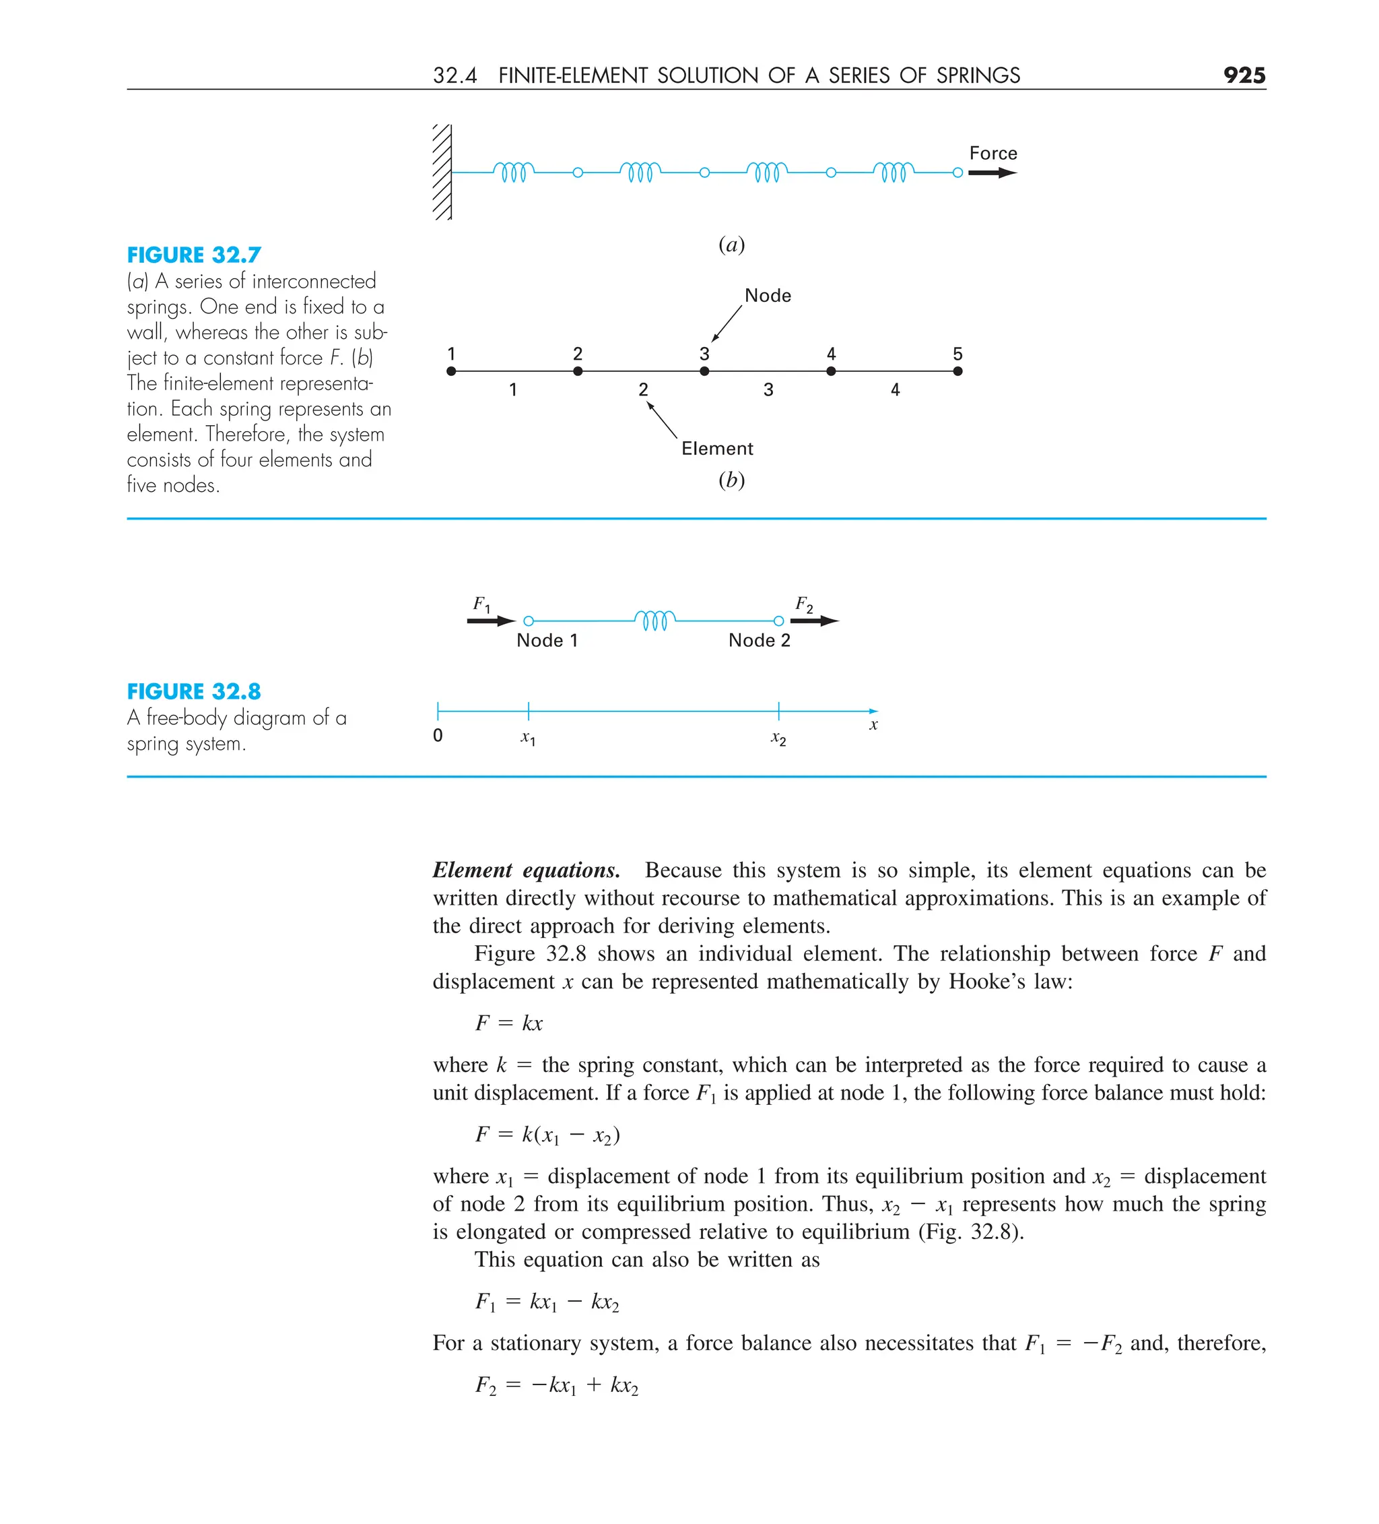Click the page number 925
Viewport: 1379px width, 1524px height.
1243,75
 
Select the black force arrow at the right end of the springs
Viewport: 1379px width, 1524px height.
991,173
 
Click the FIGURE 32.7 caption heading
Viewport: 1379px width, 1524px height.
193,255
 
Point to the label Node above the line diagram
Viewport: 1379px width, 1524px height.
767,296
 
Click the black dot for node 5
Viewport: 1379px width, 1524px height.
957,371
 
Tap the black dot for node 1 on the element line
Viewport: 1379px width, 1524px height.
451,371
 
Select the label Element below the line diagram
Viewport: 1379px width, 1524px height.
716,448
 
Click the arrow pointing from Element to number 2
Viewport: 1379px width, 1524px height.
662,420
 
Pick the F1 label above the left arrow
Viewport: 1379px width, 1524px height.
481,604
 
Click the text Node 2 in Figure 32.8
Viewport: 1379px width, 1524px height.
759,640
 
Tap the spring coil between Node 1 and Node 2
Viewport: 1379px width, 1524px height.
654,620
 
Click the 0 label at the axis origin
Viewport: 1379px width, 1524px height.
438,736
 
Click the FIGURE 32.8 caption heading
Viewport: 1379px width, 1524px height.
193,691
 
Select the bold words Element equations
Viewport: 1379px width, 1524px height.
526,870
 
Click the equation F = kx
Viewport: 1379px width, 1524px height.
508,1023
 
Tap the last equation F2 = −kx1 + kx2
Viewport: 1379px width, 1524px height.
556,1385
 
